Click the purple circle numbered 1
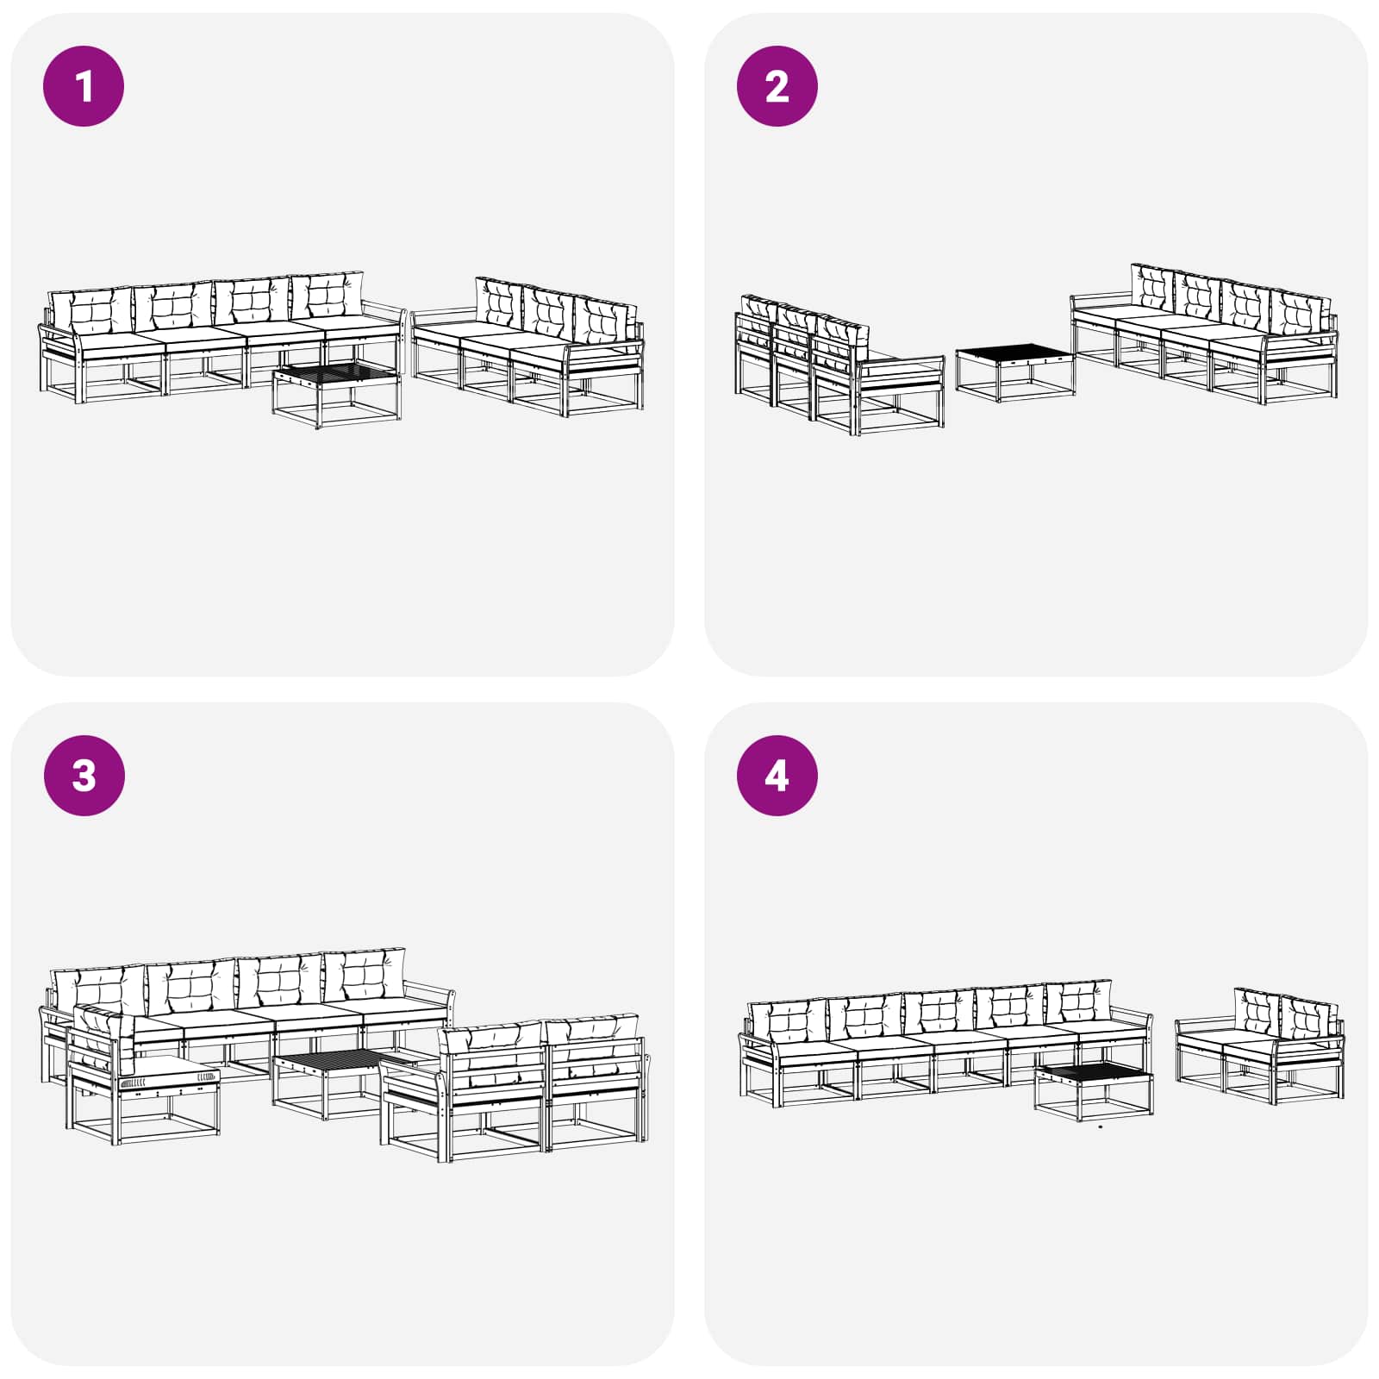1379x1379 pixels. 84,86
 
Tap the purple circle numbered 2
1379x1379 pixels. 777,86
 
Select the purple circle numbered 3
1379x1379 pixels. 84,775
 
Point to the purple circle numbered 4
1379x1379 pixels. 777,775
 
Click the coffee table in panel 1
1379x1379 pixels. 336,392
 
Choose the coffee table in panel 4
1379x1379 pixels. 1093,1089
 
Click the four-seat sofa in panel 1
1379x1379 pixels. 215,340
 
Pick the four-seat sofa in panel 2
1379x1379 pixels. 1207,336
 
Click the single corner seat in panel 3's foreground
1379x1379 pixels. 142,1077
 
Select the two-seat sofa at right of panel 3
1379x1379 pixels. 517,1086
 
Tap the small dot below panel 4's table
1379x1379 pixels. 1101,1126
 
